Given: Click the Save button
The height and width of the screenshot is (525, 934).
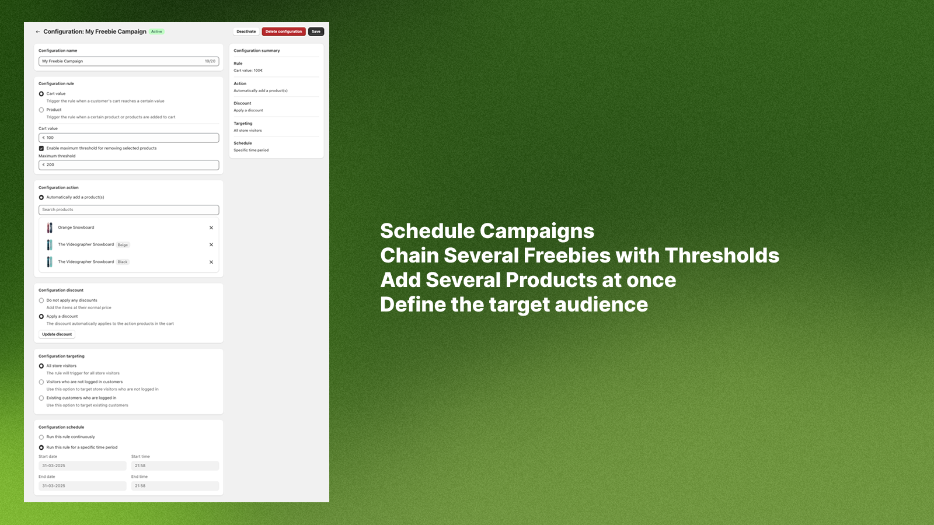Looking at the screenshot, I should coord(316,32).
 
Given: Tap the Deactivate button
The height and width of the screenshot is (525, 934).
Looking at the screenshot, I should coord(246,32).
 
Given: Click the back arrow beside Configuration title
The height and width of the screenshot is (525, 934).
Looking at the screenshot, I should coord(38,32).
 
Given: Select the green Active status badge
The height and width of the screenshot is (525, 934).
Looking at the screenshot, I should coord(156,32).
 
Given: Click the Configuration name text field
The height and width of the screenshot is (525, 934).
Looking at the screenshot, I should coord(128,61).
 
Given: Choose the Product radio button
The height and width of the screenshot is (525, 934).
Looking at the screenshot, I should coord(41,110).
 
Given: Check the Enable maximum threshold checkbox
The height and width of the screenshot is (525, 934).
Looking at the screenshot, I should coord(41,148).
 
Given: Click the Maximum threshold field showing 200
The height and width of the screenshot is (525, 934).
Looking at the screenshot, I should coord(128,165).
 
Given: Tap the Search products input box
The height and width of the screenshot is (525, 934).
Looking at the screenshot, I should coord(128,209).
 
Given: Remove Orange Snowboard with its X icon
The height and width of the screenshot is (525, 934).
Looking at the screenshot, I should coord(211,228).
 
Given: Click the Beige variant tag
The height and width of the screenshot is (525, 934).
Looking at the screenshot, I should coord(123,245).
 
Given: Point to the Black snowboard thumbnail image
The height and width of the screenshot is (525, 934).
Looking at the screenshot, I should coord(50,262).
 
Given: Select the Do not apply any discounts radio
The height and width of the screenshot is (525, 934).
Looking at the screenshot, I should coord(41,300).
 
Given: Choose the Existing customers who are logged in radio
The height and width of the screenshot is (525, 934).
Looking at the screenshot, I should coord(41,398).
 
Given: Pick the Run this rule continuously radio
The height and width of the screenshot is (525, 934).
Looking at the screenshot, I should coord(41,437).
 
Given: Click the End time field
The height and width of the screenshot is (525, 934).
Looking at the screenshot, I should coord(175,486).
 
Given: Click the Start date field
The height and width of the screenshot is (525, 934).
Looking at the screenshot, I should coord(82,466).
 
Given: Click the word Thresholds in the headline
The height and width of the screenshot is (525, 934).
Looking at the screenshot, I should coord(722,256).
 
